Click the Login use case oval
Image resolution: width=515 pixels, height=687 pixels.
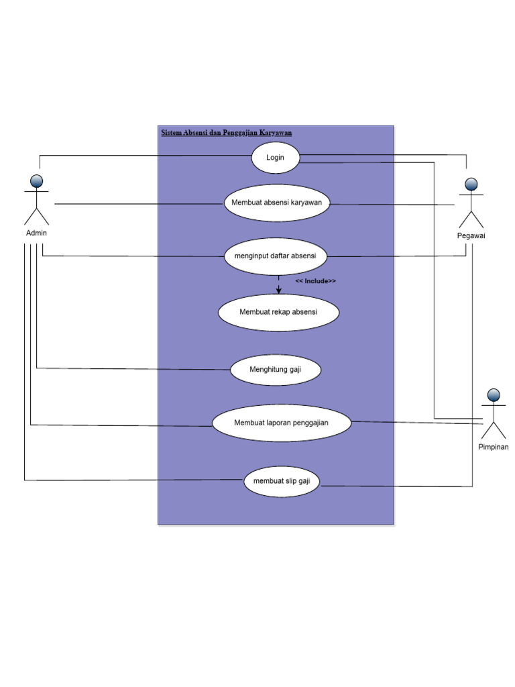275,158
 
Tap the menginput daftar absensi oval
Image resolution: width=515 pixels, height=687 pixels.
276,256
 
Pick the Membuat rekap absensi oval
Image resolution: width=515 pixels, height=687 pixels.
278,312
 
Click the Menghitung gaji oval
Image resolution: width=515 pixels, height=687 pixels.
276,370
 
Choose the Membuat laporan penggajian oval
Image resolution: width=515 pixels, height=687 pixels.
282,423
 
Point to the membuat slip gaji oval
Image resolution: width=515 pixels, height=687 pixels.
282,481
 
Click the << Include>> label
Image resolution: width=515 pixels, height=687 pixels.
315,281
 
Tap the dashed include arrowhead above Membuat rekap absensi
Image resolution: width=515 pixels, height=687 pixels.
279,290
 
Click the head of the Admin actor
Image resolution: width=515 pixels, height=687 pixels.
37,180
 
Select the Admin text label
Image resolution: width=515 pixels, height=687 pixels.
36,233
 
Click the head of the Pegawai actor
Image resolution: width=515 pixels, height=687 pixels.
471,184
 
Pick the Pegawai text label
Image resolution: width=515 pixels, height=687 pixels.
471,236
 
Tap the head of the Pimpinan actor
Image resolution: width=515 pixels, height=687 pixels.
494,394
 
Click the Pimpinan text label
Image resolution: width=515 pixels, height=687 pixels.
493,447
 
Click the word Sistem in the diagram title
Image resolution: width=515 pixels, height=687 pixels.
172,133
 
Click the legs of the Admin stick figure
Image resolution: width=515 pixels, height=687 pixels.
37,216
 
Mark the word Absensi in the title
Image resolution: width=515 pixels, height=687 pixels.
196,133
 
